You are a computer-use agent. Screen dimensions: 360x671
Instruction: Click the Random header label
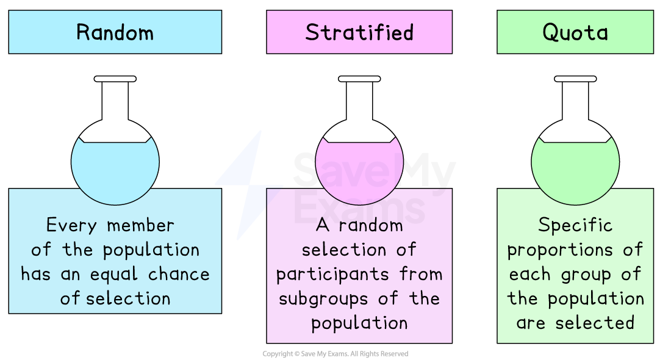click(x=115, y=32)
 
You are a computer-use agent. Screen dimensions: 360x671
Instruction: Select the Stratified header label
click(x=359, y=32)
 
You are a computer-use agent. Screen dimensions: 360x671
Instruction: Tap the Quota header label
click(x=575, y=32)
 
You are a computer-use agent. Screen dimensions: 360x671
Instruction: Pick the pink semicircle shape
click(x=359, y=168)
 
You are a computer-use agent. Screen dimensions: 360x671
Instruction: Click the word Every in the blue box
click(x=71, y=226)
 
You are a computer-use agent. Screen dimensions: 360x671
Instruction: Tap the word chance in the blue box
click(x=179, y=275)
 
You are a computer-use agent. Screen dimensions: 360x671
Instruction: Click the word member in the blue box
click(x=143, y=226)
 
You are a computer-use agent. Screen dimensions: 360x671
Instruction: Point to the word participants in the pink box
click(x=332, y=275)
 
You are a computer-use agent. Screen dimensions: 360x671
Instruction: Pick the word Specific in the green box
click(x=575, y=226)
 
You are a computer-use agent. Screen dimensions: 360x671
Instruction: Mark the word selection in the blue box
click(x=128, y=299)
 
